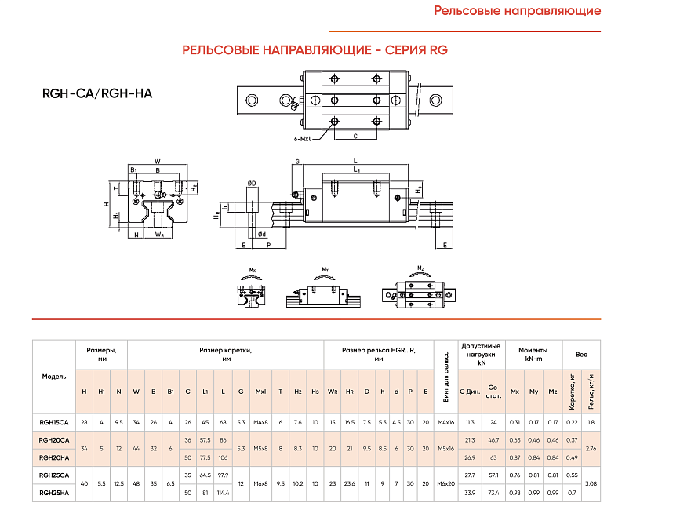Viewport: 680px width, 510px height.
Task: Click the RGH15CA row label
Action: (54, 422)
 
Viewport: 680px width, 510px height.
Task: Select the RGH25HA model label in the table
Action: (54, 492)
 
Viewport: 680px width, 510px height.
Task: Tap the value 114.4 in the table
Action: (224, 492)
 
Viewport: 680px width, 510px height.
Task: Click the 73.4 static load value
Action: (493, 492)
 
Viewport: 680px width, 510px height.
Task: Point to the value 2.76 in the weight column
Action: (591, 448)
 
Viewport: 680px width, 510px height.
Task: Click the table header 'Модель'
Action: (54, 377)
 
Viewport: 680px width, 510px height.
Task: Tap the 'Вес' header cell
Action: (581, 354)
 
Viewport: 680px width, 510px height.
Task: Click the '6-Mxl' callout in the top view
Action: (301, 140)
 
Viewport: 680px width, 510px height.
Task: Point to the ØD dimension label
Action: (252, 183)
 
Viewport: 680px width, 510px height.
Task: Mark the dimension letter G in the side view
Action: (297, 161)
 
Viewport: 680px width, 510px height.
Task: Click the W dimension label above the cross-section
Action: (158, 161)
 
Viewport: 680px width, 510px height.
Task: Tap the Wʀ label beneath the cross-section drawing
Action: (159, 234)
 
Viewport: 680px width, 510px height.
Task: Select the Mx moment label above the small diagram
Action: (253, 270)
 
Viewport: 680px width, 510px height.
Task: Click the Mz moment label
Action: (421, 269)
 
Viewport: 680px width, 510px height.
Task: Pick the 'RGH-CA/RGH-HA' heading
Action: (97, 93)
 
